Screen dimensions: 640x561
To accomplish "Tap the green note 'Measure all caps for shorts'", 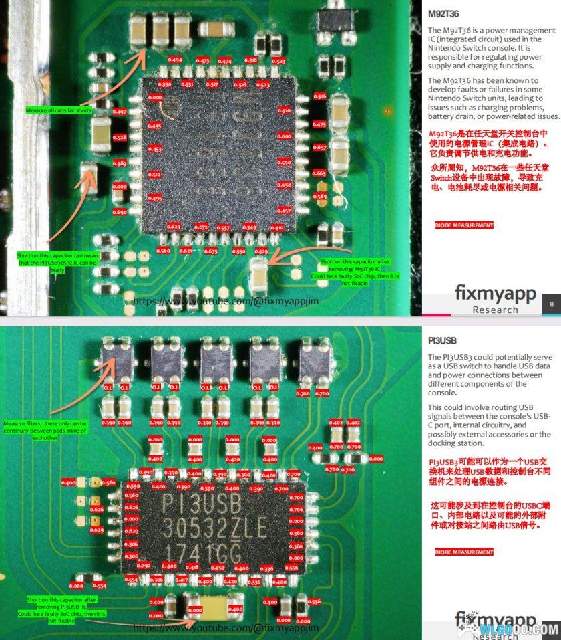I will click(x=59, y=110).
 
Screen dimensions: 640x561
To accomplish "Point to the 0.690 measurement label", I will click(x=120, y=212).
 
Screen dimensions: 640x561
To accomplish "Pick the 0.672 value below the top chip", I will click(x=200, y=227).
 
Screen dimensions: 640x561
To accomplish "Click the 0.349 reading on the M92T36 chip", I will click(x=250, y=227).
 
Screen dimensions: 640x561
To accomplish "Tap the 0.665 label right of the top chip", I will click(x=319, y=173).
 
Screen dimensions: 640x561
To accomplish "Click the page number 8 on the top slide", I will click(x=552, y=304).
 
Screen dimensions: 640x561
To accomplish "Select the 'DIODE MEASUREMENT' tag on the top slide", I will click(x=464, y=225).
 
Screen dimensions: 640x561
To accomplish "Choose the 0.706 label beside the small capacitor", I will click(x=348, y=470).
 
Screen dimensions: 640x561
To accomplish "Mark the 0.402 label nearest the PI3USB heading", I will click(x=354, y=423).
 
